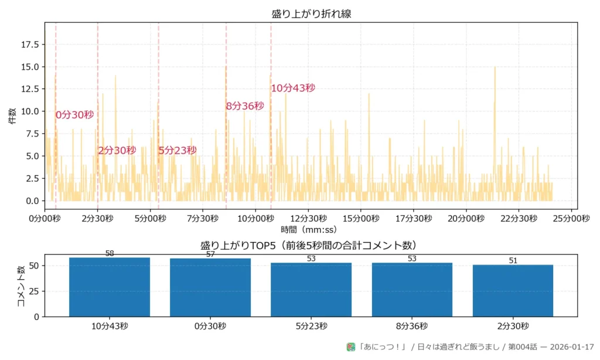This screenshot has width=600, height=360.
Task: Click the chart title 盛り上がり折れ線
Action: point(311,13)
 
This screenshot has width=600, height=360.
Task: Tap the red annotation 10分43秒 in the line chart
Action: point(293,88)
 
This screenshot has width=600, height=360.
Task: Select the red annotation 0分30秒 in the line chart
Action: point(74,115)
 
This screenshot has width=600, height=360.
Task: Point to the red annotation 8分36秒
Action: point(245,106)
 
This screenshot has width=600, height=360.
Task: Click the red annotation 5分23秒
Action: point(178,151)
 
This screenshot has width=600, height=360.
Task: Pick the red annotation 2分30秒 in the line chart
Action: point(117,151)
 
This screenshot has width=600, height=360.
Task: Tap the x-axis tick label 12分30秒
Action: point(308,219)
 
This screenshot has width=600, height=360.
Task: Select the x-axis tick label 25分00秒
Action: point(572,219)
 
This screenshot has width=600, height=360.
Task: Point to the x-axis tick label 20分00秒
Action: point(466,219)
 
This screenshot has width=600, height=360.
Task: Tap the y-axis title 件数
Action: point(12,116)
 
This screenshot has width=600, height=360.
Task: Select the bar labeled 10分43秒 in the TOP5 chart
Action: point(110,287)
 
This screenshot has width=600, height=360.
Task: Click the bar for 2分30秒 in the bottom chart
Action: point(513,290)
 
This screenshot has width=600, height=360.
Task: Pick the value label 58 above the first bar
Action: point(110,254)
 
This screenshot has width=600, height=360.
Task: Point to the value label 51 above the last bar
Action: point(513,261)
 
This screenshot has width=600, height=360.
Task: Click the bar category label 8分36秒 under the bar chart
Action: point(412,326)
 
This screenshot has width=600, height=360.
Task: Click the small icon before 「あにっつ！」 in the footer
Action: point(351,347)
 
